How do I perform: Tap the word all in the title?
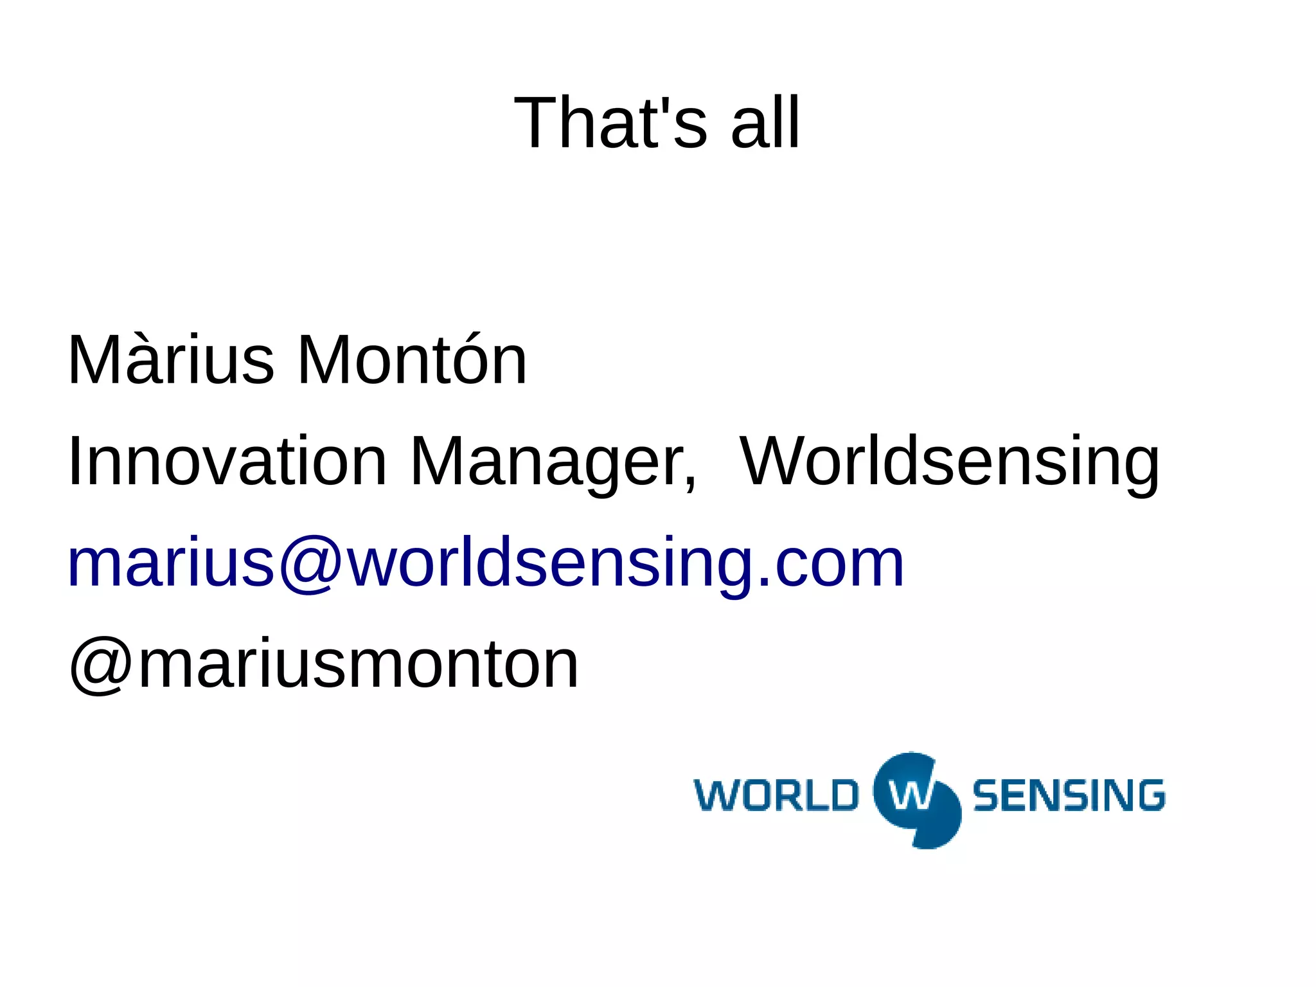tap(765, 122)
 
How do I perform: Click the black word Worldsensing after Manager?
tap(950, 462)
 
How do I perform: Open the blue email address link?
tap(486, 563)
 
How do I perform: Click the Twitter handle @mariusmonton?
tap(324, 665)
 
